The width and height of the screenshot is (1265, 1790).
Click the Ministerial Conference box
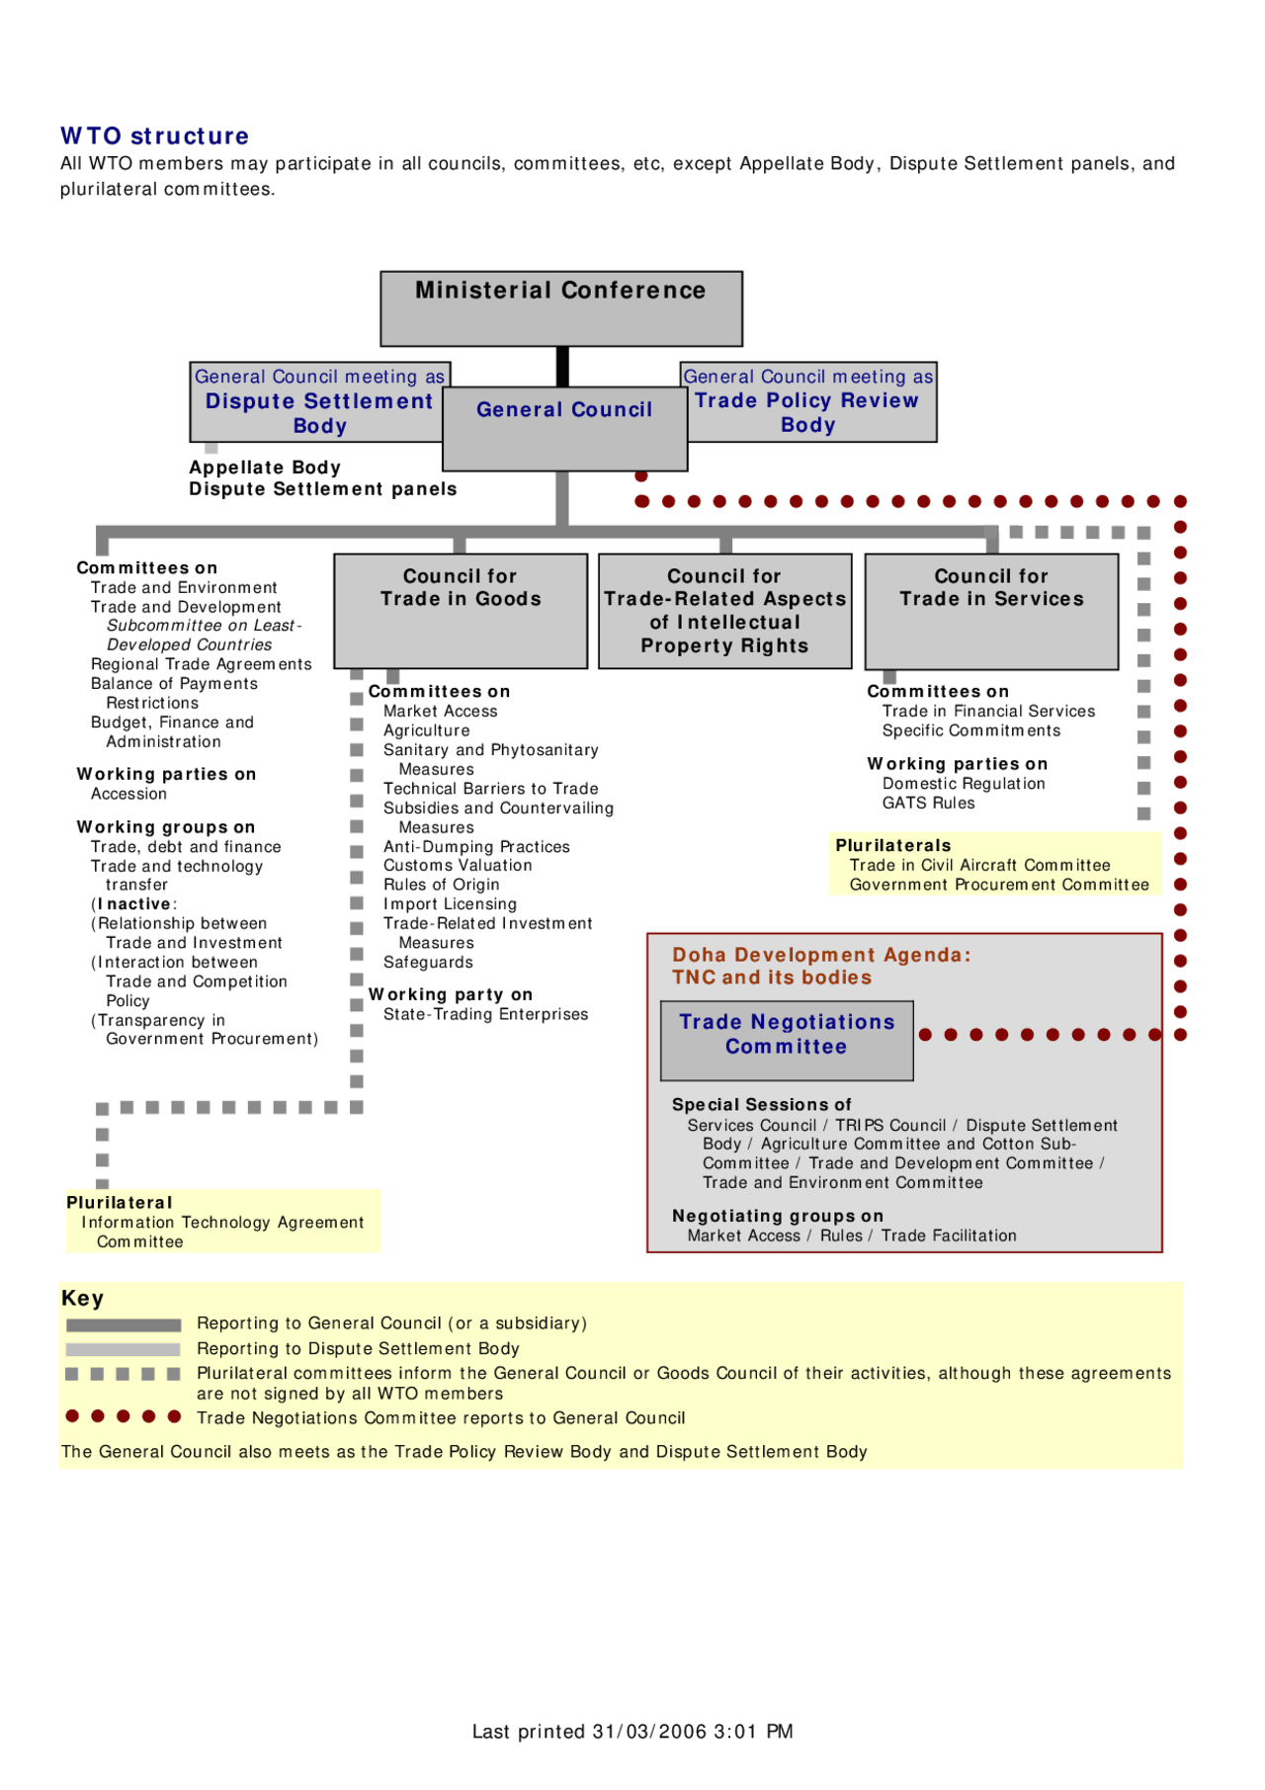pyautogui.click(x=561, y=307)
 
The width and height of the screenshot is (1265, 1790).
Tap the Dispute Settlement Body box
pyautogui.click(x=318, y=412)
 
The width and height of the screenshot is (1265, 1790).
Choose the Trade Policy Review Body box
pyautogui.click(x=807, y=411)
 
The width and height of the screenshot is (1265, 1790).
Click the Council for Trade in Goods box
pyautogui.click(x=461, y=610)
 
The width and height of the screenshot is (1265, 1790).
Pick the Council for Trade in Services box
pyautogui.click(x=991, y=610)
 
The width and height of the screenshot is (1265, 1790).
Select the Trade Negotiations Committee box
pyautogui.click(x=787, y=1039)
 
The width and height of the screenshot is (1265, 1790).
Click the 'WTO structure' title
pyautogui.click(x=155, y=136)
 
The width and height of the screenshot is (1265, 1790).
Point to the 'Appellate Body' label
pyautogui.click(x=265, y=468)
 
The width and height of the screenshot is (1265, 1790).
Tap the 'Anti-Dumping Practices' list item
pyautogui.click(x=476, y=847)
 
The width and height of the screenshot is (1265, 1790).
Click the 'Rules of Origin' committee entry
pyautogui.click(x=441, y=885)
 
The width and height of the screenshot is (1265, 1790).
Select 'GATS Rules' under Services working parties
pyautogui.click(x=928, y=804)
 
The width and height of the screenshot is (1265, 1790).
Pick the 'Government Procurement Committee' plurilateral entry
pyautogui.click(x=999, y=885)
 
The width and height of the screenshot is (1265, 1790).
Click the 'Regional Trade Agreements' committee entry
pyautogui.click(x=201, y=664)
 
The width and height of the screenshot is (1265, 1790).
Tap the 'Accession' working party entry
pyautogui.click(x=128, y=794)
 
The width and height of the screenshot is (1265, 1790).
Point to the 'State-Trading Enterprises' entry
pyautogui.click(x=485, y=1014)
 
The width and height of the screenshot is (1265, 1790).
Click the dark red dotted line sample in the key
pyautogui.click(x=123, y=1416)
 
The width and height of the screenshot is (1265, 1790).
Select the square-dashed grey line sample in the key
pyautogui.click(x=123, y=1374)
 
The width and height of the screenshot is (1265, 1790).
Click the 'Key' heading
pyautogui.click(x=82, y=1299)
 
